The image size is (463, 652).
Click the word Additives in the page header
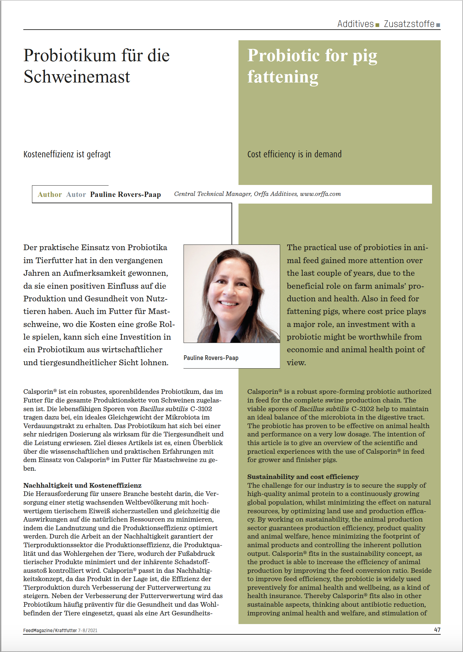pyautogui.click(x=355, y=24)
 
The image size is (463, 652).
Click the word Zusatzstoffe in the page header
pyautogui.click(x=409, y=24)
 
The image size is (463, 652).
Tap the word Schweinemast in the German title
pyautogui.click(x=77, y=77)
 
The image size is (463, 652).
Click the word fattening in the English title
pyautogui.click(x=283, y=77)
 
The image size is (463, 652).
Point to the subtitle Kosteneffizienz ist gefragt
pyautogui.click(x=67, y=154)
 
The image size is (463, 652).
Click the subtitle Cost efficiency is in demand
pyautogui.click(x=294, y=154)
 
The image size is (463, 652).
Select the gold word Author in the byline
pyautogui.click(x=50, y=195)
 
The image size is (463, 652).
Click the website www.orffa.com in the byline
pyautogui.click(x=320, y=194)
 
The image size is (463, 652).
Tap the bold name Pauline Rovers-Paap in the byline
pyautogui.click(x=126, y=195)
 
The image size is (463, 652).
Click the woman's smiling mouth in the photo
pyautogui.click(x=229, y=303)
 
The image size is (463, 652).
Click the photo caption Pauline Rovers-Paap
pyautogui.click(x=211, y=358)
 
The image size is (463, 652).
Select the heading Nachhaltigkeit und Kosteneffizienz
pyautogui.click(x=82, y=485)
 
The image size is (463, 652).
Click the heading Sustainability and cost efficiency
pyautogui.click(x=303, y=477)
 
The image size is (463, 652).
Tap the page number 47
pyautogui.click(x=437, y=630)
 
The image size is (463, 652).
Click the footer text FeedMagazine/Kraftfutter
pyautogui.click(x=50, y=630)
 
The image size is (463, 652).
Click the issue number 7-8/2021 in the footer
pyautogui.click(x=88, y=630)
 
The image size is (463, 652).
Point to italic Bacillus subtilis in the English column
pyautogui.click(x=324, y=409)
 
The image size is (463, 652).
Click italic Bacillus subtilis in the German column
pyautogui.click(x=164, y=409)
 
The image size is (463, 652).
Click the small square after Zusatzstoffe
pyautogui.click(x=438, y=25)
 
